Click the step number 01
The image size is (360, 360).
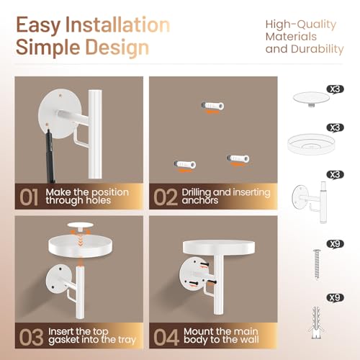point(29,197)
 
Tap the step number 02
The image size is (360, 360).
point(166,197)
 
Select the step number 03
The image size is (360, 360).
point(31,336)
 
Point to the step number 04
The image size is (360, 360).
point(166,336)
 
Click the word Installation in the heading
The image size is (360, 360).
point(117,24)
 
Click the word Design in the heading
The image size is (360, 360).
point(117,48)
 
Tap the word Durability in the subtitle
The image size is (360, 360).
point(318,50)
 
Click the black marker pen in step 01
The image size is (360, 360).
point(50,155)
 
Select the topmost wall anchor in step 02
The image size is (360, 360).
point(212,106)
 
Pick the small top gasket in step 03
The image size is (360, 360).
point(80,225)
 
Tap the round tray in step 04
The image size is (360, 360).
point(219,248)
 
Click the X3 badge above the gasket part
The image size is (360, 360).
point(336,89)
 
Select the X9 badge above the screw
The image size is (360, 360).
point(336,244)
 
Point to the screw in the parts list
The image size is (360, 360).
point(317,265)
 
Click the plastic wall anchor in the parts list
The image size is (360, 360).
point(316,322)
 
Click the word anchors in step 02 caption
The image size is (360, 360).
point(200,200)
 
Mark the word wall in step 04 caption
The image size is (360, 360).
point(248,339)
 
